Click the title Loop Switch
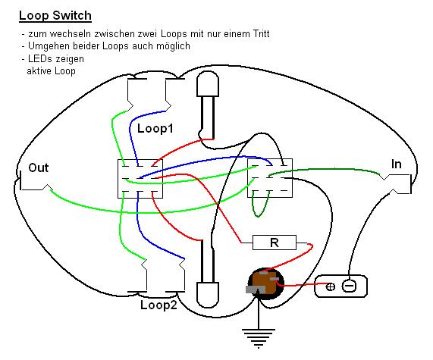(x=55, y=16)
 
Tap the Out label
(x=39, y=167)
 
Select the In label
(x=396, y=164)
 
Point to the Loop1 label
(x=155, y=128)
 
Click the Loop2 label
(x=158, y=305)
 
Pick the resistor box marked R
(x=275, y=243)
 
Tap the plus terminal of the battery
(x=331, y=286)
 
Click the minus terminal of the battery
(x=349, y=286)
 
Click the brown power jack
(x=265, y=283)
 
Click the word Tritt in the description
(x=260, y=33)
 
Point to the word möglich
(x=173, y=46)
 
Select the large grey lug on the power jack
(x=256, y=290)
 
